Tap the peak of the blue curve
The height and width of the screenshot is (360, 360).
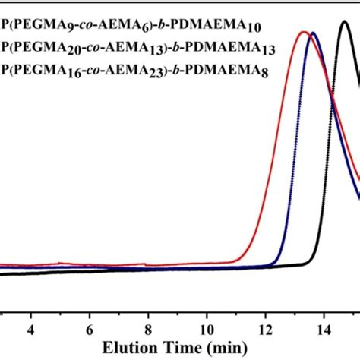click(x=313, y=33)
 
